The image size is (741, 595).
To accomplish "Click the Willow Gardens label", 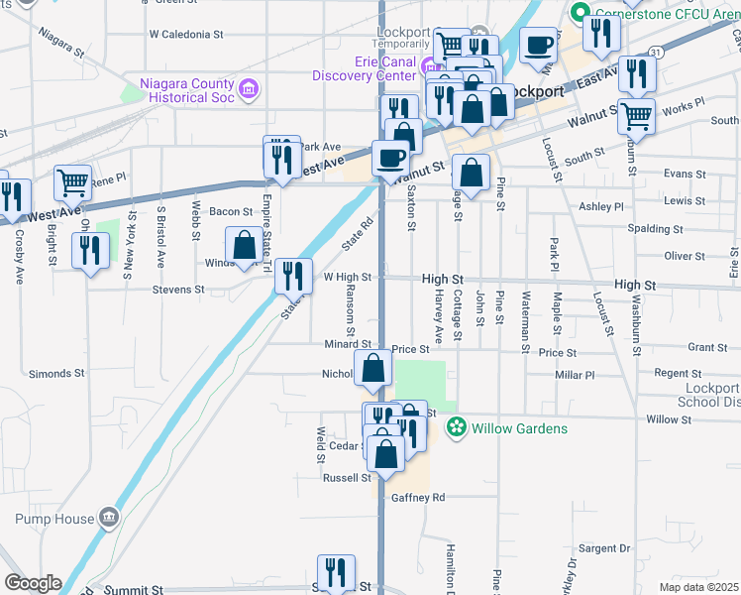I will [520, 428].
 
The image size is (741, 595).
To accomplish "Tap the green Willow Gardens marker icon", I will [457, 428].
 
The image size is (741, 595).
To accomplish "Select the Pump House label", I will [54, 519].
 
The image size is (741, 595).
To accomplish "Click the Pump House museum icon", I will [108, 518].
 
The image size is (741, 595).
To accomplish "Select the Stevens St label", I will [178, 291].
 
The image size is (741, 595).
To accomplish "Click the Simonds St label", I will [56, 374].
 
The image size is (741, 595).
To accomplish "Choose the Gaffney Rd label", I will [419, 497].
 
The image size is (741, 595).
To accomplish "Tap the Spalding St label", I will [655, 229].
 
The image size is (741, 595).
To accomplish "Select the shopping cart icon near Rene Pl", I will [73, 181].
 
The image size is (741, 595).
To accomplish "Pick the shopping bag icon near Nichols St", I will [372, 370].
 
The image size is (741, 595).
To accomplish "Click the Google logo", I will [33, 583].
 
